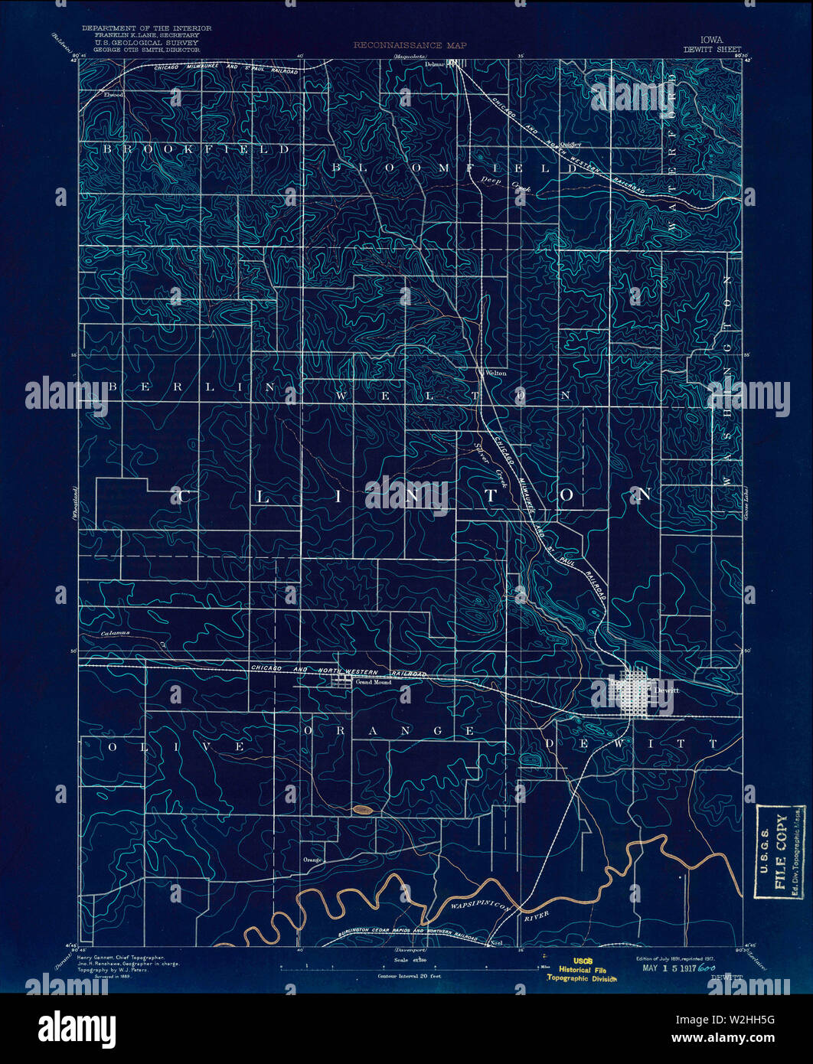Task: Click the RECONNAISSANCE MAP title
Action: click(x=410, y=46)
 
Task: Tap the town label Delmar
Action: click(x=435, y=64)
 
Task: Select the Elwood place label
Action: click(x=113, y=95)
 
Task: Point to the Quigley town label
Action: click(x=571, y=143)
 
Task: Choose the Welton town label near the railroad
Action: click(x=496, y=373)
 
